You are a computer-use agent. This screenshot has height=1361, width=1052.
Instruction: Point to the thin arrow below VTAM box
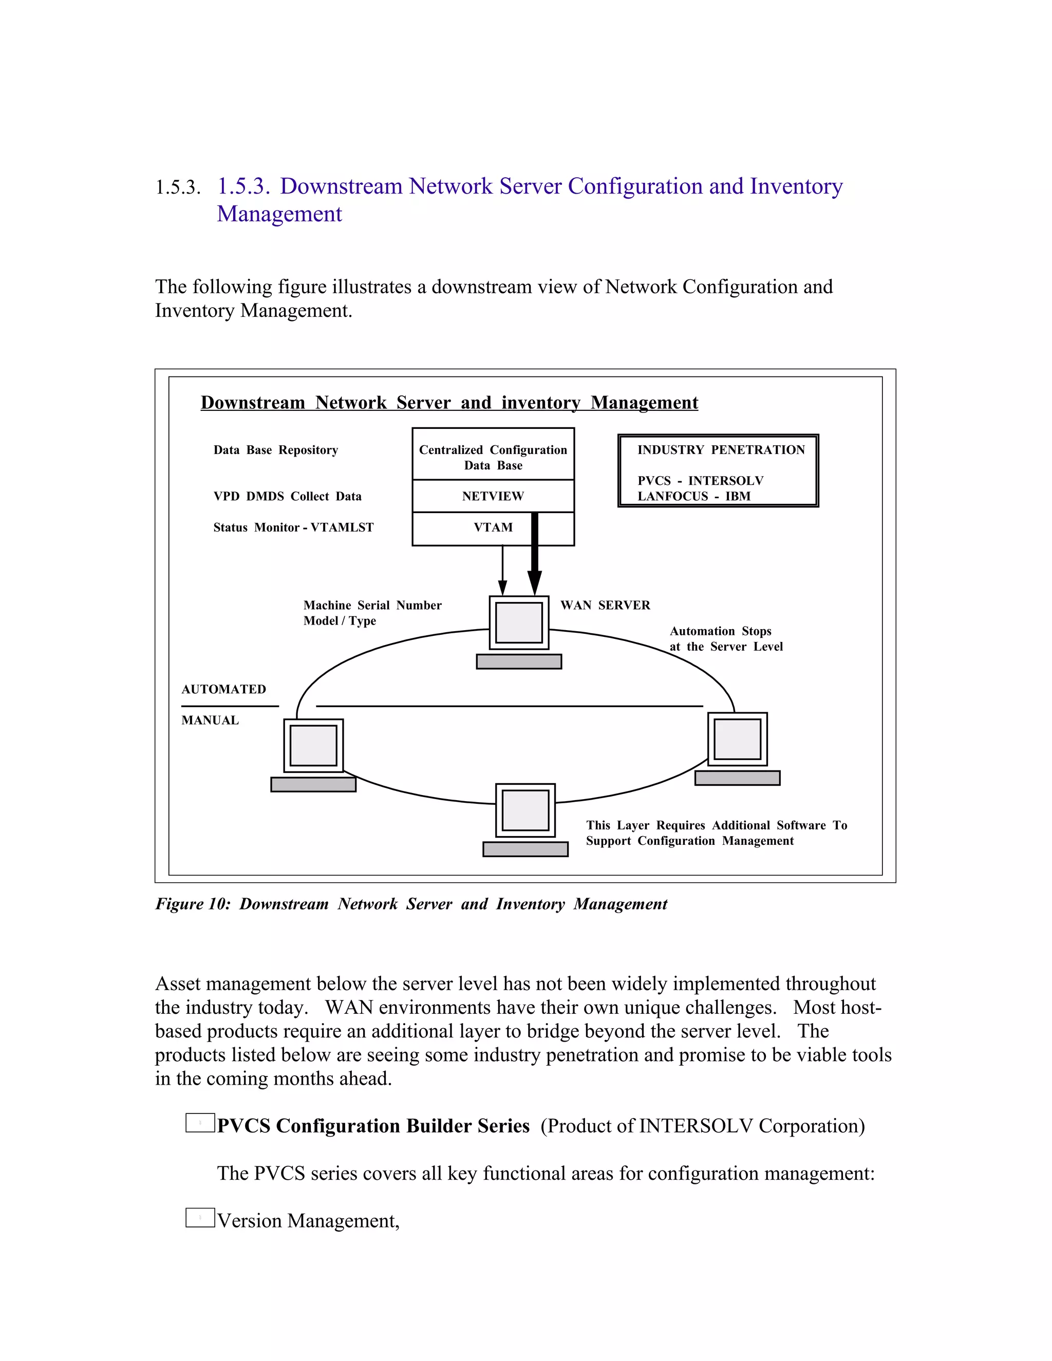pyautogui.click(x=502, y=570)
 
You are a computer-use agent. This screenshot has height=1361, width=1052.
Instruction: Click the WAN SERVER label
pyautogui.click(x=605, y=605)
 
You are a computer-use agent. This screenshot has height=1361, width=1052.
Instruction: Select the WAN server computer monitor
pyautogui.click(x=518, y=622)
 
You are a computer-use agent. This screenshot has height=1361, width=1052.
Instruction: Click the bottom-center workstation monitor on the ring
pyautogui.click(x=525, y=810)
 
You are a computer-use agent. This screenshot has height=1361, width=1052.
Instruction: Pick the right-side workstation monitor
pyautogui.click(x=737, y=739)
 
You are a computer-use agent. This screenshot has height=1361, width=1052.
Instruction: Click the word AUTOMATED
pyautogui.click(x=224, y=689)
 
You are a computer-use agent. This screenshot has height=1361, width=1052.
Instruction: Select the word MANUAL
pyautogui.click(x=210, y=721)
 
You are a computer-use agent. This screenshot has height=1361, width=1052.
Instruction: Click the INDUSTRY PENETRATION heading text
pyautogui.click(x=721, y=450)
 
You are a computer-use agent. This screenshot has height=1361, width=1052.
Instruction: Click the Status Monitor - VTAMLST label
pyautogui.click(x=293, y=528)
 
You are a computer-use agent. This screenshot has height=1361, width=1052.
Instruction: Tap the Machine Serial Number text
pyautogui.click(x=372, y=605)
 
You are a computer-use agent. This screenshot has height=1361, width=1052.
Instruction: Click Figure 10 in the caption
pyautogui.click(x=193, y=904)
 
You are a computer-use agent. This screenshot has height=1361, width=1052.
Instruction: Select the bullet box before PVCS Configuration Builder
pyautogui.click(x=200, y=1123)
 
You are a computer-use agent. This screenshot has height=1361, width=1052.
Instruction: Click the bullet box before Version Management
pyautogui.click(x=200, y=1218)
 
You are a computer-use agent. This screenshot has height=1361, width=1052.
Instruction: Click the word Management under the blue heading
pyautogui.click(x=279, y=214)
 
